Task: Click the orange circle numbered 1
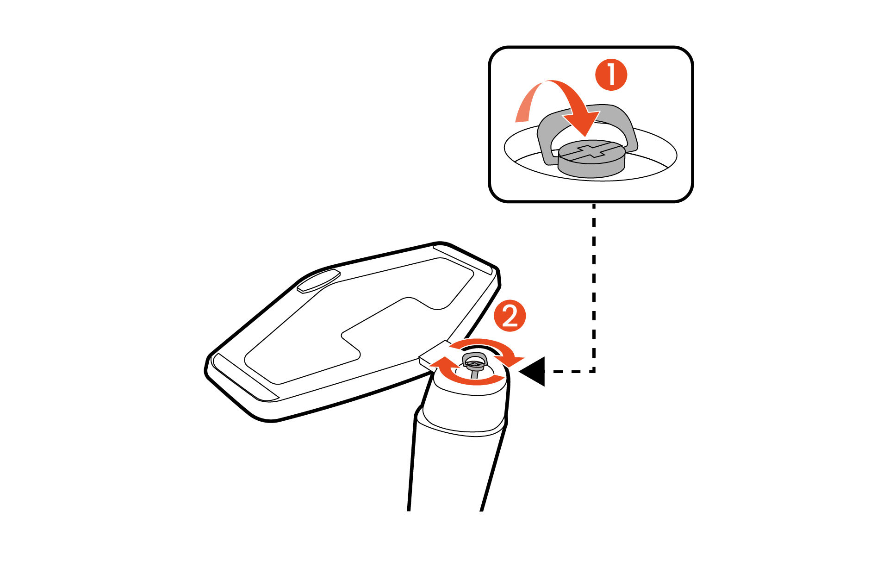tap(610, 75)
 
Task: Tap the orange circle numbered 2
tap(510, 317)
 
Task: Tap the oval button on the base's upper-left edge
tap(318, 281)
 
